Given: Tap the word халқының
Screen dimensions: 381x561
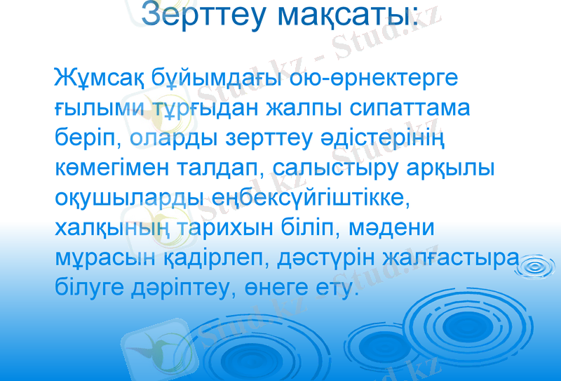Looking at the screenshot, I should [106, 229].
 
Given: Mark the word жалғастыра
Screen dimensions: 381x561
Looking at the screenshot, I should [450, 259].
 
